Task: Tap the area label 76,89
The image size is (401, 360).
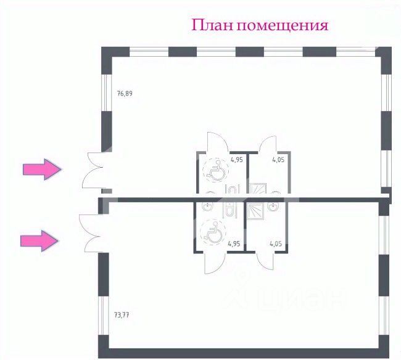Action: pyautogui.click(x=125, y=94)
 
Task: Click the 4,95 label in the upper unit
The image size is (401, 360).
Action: pyautogui.click(x=236, y=159)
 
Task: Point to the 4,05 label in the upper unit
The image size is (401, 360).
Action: pyautogui.click(x=279, y=159)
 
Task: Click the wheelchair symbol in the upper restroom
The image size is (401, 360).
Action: pyautogui.click(x=216, y=171)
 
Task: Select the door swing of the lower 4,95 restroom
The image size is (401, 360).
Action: pyautogui.click(x=213, y=263)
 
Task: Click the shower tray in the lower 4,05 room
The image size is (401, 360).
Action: pyautogui.click(x=254, y=211)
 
